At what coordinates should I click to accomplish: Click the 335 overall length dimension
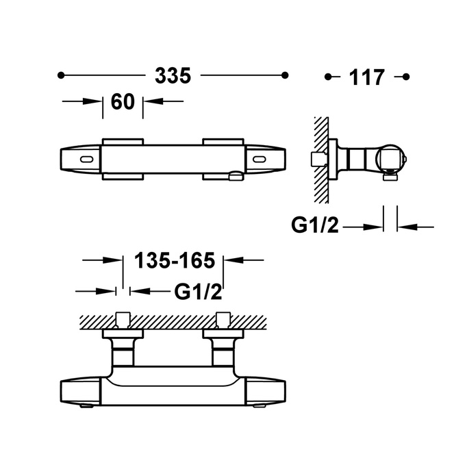click(x=173, y=75)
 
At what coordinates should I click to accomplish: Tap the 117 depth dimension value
click(x=366, y=77)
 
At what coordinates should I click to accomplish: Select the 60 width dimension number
click(x=123, y=102)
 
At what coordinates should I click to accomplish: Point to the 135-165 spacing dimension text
click(x=175, y=260)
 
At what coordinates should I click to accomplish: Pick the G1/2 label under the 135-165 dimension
click(x=198, y=292)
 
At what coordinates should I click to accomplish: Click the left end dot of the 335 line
click(x=61, y=75)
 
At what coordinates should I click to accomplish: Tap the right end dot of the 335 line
click(x=285, y=75)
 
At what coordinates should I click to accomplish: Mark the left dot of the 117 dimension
click(x=328, y=77)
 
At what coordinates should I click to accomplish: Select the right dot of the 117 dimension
click(x=406, y=77)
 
